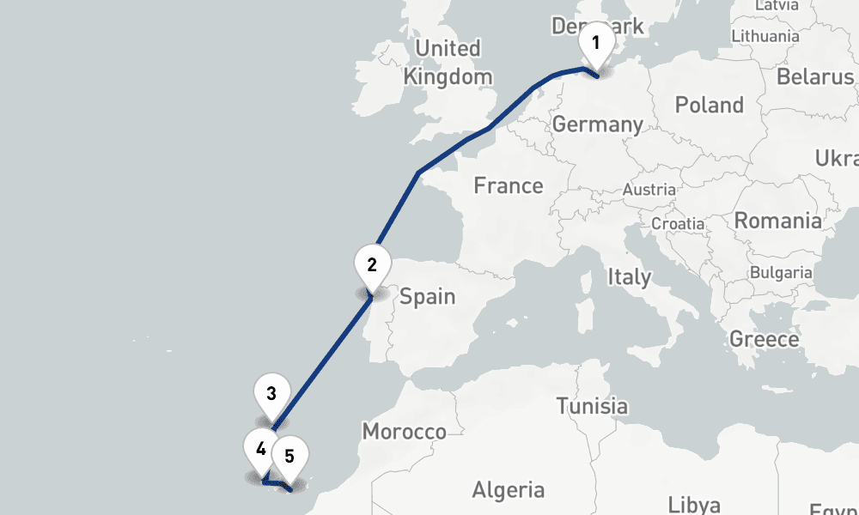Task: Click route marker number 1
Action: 595,43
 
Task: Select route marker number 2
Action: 372,265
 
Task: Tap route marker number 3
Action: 271,395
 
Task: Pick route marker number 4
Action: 261,448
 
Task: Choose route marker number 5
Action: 289,457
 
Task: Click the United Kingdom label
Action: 448,62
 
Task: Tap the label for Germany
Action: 597,124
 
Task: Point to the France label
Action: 509,185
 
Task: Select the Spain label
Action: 427,297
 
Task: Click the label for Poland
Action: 709,106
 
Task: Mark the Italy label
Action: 629,277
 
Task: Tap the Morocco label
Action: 404,431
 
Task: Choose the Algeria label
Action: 508,490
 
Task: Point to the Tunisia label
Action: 591,406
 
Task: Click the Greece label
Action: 764,339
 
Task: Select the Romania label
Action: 777,221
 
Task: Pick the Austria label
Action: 649,190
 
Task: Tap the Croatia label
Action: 678,223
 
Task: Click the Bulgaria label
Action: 781,273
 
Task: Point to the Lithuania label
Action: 765,36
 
